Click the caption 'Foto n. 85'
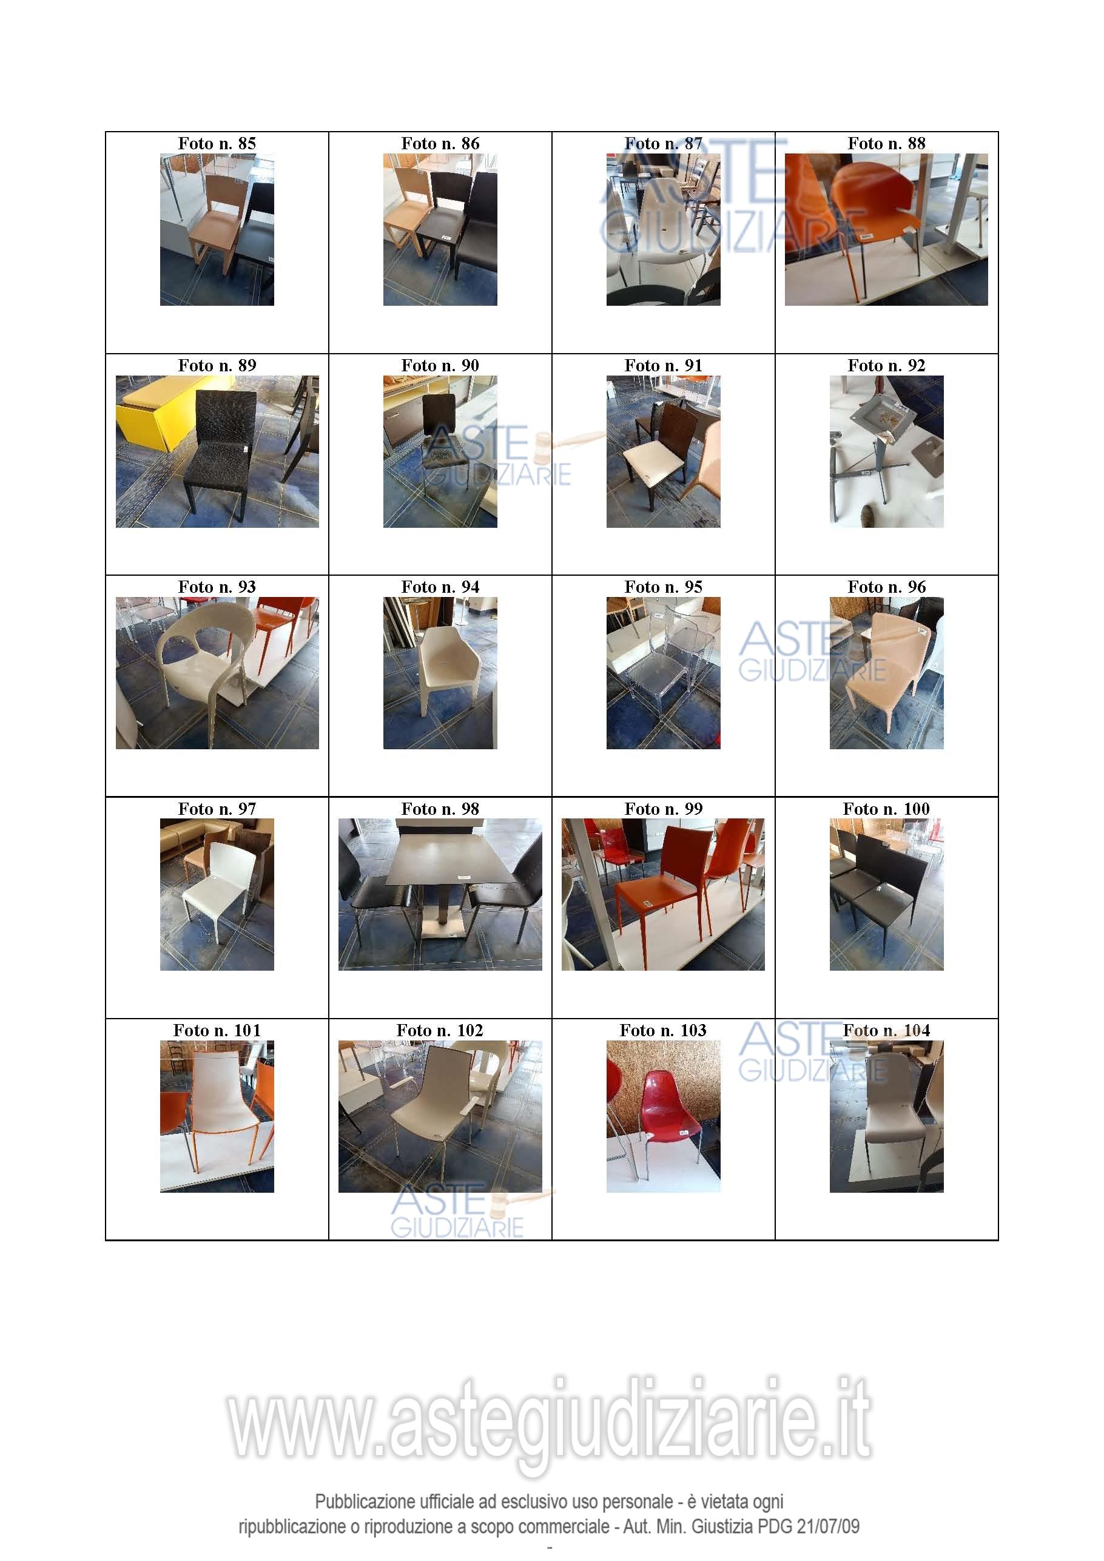217,143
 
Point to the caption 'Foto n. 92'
886,365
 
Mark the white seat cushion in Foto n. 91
649,466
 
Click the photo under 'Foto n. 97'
217,894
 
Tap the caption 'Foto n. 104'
886,1030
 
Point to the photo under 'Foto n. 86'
440,229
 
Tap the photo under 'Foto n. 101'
217,1116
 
